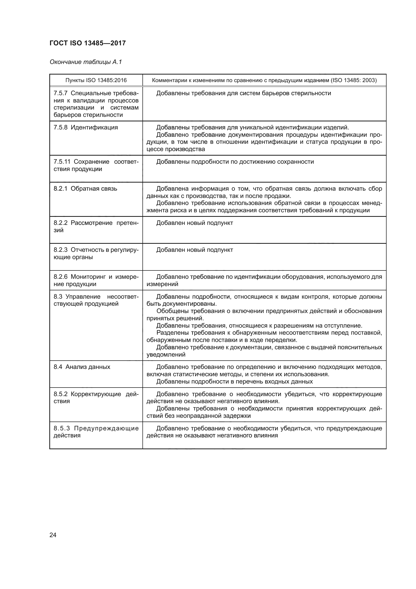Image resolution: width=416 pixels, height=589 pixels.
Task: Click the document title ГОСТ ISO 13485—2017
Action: pos(87,43)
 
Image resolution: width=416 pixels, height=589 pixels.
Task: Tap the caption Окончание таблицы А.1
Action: pos(86,62)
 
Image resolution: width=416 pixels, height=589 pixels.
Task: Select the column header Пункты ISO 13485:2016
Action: pos(96,80)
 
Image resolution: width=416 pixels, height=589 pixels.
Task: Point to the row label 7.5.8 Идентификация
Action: pos(86,127)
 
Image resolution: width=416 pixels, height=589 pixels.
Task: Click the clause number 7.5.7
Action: pos(60,93)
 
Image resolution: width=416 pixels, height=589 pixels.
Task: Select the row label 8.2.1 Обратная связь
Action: pos(85,189)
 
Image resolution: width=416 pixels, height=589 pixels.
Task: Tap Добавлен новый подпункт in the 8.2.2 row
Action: pos(195,223)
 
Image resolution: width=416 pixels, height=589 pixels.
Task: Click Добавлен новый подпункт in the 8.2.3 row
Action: pos(195,250)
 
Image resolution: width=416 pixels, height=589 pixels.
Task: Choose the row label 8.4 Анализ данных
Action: pos(82,367)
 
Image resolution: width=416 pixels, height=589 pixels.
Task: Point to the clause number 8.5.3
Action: pos(61,428)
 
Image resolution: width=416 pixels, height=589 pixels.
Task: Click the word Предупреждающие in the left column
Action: pos(106,428)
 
